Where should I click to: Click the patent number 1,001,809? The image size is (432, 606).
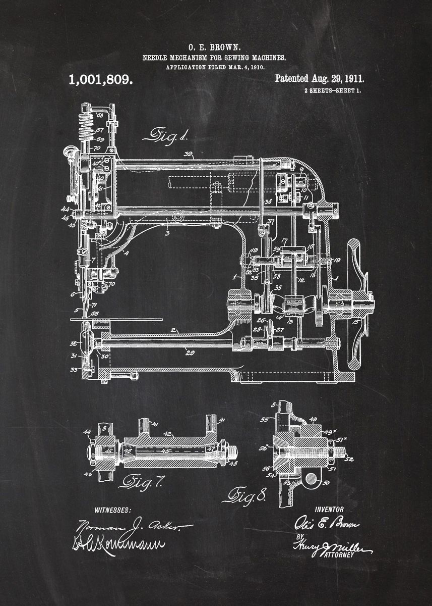click(100, 79)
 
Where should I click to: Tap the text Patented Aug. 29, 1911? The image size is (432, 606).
click(320, 78)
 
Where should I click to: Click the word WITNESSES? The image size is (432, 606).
click(112, 510)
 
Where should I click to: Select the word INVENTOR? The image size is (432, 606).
click(329, 510)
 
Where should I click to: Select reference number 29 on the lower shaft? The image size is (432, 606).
click(190, 353)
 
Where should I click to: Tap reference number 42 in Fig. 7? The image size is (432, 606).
click(168, 433)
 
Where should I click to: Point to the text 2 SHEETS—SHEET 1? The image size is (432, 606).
click(333, 91)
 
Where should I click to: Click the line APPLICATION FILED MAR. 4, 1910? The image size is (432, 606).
click(215, 67)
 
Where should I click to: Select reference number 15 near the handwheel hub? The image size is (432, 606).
click(356, 321)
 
